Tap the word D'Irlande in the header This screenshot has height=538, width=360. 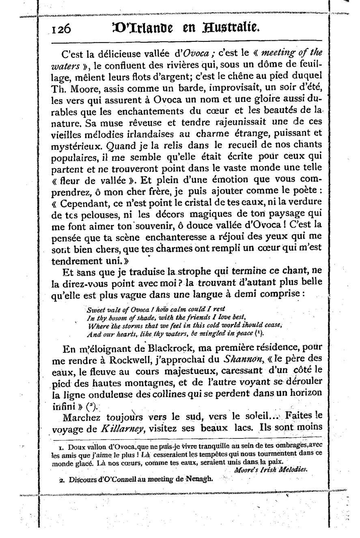coord(142,28)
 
